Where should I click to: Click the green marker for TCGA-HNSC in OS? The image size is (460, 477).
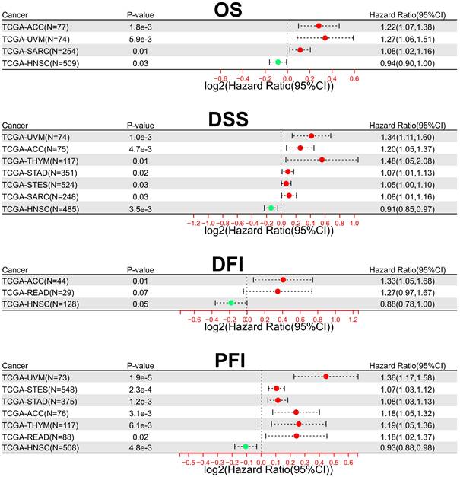278,62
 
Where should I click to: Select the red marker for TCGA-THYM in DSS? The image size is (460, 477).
322,160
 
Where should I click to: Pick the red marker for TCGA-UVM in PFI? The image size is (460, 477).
325,376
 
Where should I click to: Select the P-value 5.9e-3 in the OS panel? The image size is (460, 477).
141,37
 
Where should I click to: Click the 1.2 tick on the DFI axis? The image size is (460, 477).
354,320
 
